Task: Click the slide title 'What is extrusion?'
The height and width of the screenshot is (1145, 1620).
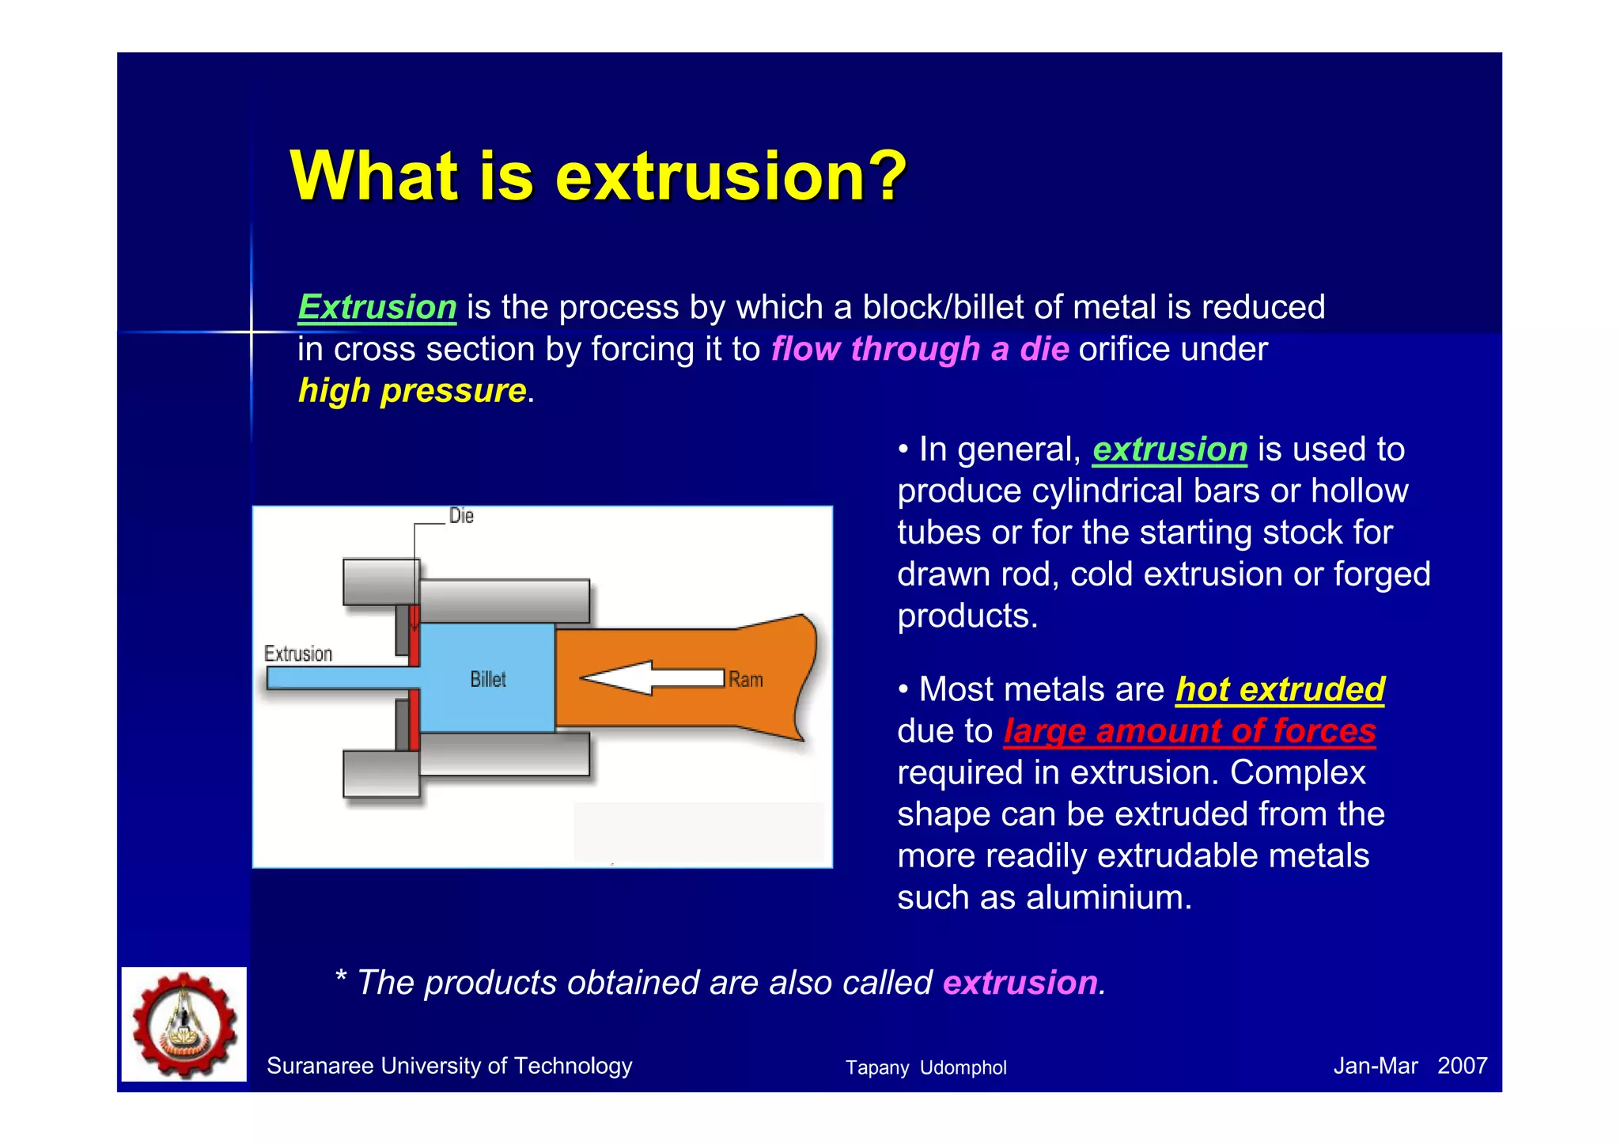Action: [598, 176]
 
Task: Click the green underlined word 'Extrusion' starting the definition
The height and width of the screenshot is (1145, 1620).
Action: [377, 307]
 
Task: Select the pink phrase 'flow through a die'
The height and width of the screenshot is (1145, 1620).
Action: [920, 349]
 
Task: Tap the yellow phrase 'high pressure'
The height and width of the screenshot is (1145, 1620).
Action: [412, 391]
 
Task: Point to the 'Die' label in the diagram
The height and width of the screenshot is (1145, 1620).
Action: [461, 516]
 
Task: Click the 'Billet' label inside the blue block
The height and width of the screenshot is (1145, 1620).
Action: [488, 680]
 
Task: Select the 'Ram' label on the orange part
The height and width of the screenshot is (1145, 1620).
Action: [746, 680]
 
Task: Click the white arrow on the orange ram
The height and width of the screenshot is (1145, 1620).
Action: [652, 678]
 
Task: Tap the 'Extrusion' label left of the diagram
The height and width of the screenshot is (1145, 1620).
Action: [298, 654]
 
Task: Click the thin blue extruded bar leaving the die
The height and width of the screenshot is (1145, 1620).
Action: [332, 678]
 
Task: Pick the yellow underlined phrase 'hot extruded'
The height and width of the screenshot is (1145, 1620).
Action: [1280, 689]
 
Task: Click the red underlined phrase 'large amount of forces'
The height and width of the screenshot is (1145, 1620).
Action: [1190, 731]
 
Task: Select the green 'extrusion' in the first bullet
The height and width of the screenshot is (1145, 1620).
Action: [1170, 449]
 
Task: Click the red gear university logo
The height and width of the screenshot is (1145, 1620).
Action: [184, 1024]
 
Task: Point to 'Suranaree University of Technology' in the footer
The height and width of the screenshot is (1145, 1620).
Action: [449, 1066]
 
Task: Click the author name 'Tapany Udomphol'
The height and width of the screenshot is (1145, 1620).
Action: [925, 1068]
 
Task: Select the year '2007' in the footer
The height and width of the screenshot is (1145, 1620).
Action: [1462, 1066]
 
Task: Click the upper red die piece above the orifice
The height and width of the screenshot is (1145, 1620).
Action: [414, 635]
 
